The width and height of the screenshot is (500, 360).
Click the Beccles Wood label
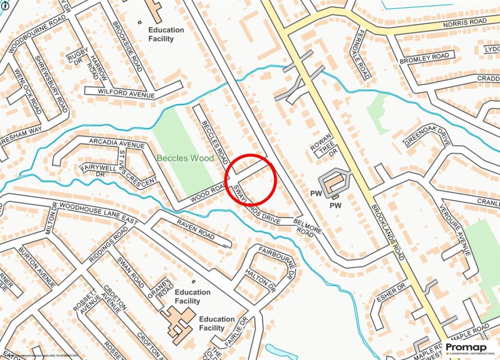(185, 158)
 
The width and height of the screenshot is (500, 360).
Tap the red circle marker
(251, 179)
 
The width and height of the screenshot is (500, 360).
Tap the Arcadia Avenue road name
(117, 143)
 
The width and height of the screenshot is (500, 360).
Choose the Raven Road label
(195, 230)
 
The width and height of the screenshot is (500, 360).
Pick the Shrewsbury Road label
(51, 83)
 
